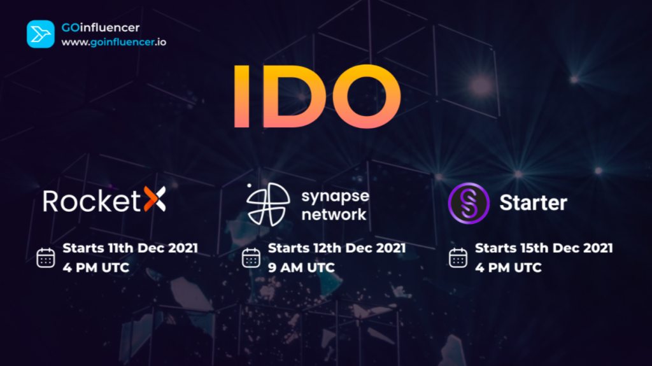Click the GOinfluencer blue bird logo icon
tap(40, 34)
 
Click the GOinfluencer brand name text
tap(100, 27)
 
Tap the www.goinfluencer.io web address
tap(113, 42)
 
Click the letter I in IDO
tap(241, 96)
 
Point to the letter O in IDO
tap(365, 96)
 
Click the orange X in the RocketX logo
tap(155, 199)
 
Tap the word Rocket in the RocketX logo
tap(92, 201)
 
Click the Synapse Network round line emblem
tap(268, 204)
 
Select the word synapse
tap(335, 196)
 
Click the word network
tap(334, 215)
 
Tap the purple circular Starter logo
tap(469, 203)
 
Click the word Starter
tap(533, 203)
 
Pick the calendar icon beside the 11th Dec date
tap(46, 257)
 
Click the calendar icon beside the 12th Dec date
tap(251, 257)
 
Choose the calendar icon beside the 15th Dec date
tap(458, 257)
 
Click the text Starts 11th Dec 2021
tap(130, 248)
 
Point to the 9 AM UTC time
tap(301, 267)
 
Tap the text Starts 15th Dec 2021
tap(544, 248)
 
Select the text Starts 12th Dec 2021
tap(337, 248)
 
